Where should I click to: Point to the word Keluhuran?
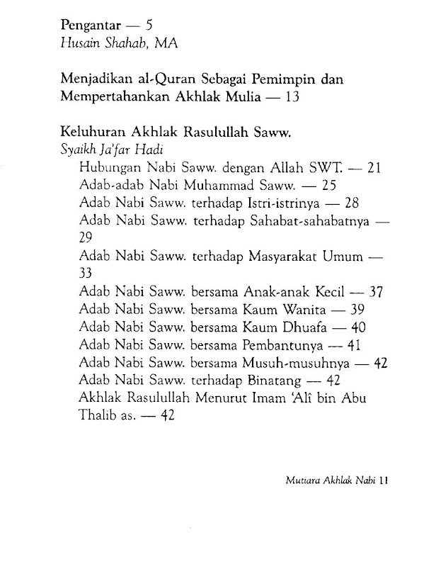coord(91,132)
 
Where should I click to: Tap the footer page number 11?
coord(383,480)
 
